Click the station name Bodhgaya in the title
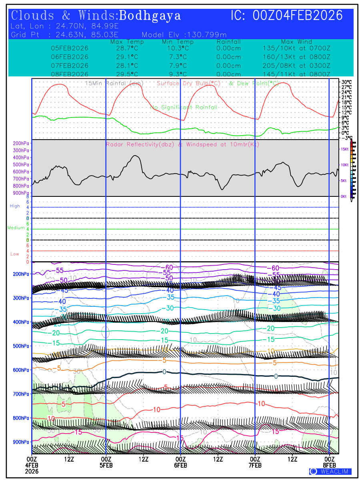click(x=150, y=16)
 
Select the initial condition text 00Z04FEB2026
click(x=298, y=16)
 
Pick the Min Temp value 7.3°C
click(x=178, y=57)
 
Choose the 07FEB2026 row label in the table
click(x=70, y=66)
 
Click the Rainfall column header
click(x=228, y=42)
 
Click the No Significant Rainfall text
click(x=184, y=108)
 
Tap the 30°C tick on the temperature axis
click(x=346, y=82)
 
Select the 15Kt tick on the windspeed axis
click(x=344, y=149)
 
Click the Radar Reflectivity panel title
click(x=182, y=144)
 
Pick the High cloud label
click(x=15, y=206)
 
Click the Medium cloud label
click(x=16, y=228)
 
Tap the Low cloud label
click(x=15, y=254)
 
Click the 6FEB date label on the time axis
click(x=180, y=465)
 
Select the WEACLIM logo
click(x=330, y=471)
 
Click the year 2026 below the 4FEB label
click(x=32, y=471)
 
